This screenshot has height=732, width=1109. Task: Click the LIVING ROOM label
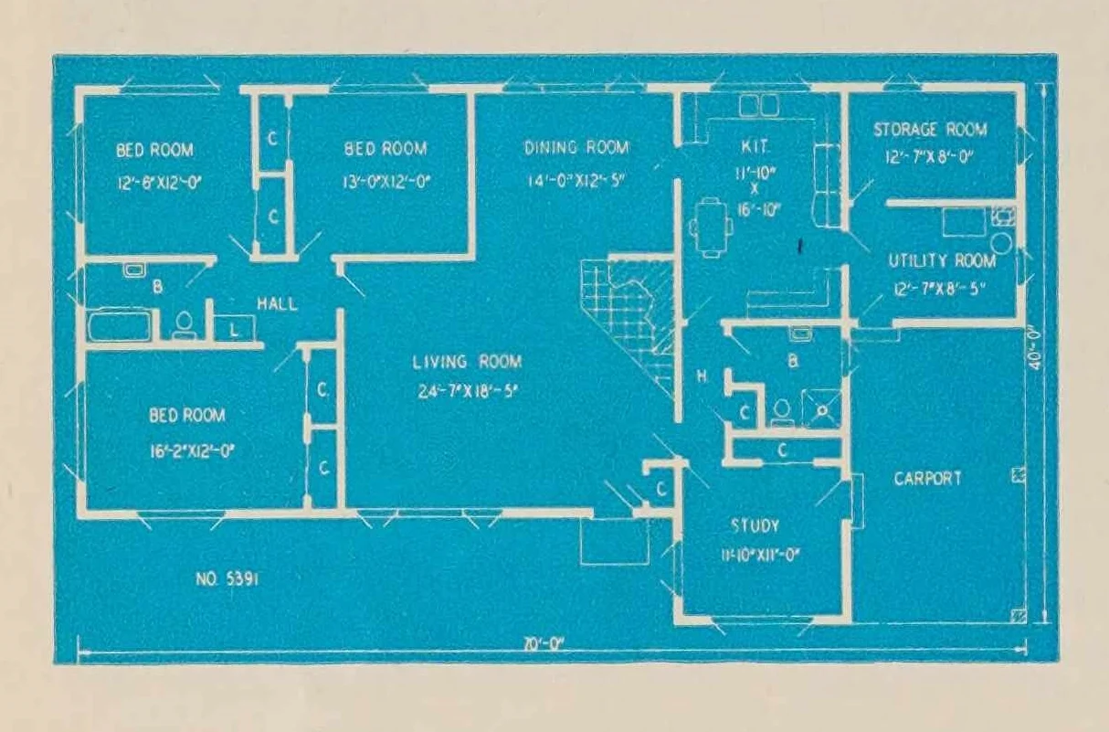tap(467, 363)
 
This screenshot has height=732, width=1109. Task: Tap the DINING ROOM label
tap(576, 148)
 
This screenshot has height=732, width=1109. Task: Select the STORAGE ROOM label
tap(930, 130)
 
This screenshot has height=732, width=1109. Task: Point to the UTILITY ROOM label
tap(942, 261)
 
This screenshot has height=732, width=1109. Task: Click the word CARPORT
tap(927, 478)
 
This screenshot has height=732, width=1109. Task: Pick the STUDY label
tap(755, 526)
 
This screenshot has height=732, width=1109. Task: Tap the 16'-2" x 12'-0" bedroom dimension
tap(186, 449)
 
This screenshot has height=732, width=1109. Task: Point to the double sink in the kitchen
tap(759, 105)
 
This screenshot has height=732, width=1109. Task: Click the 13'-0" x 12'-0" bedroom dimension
tap(386, 180)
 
